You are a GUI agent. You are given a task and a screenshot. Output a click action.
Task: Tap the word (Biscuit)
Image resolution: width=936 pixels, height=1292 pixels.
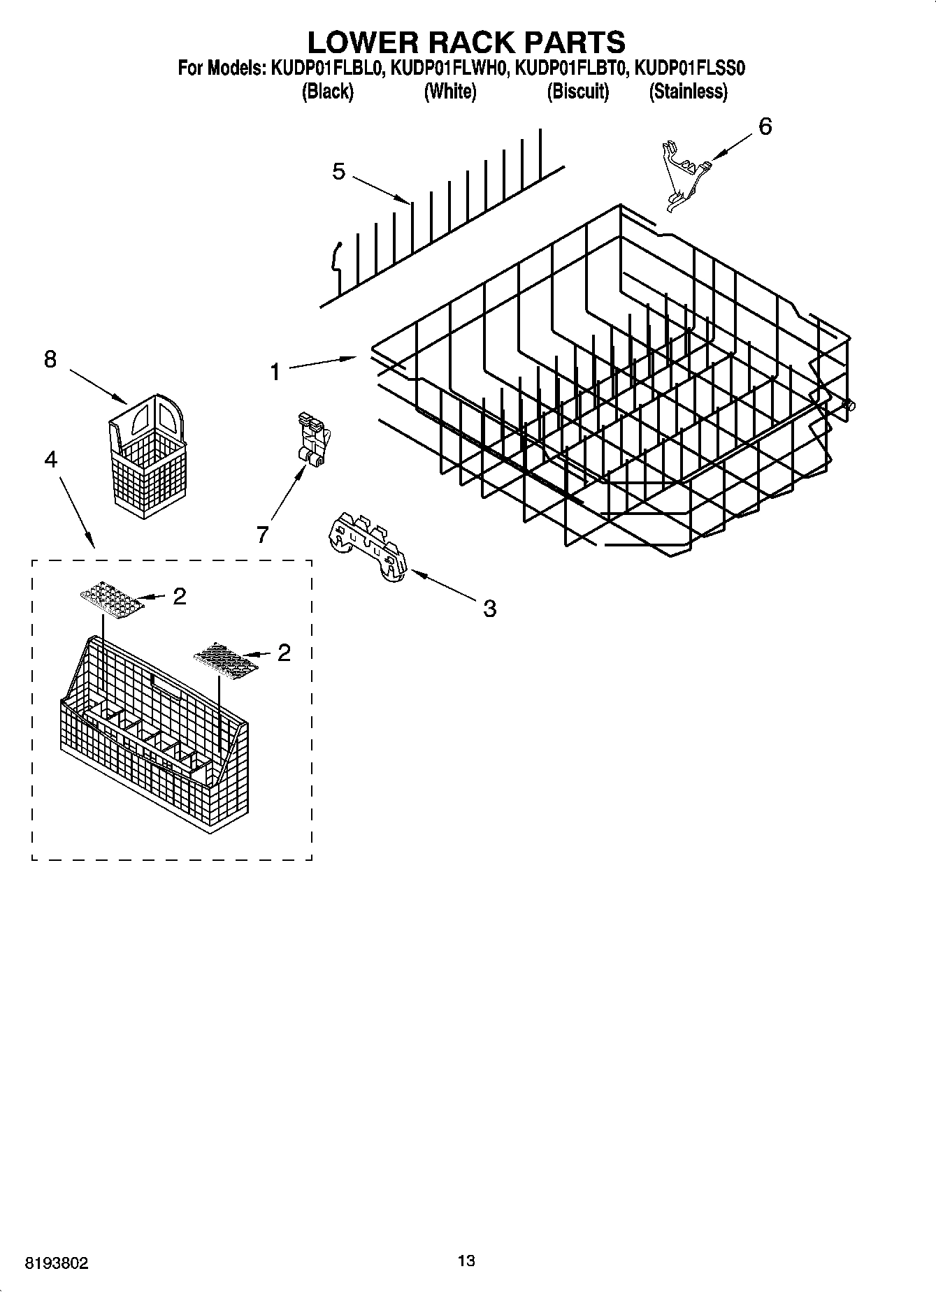[x=577, y=92]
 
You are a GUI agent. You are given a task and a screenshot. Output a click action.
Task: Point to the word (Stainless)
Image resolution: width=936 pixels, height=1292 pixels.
[x=688, y=92]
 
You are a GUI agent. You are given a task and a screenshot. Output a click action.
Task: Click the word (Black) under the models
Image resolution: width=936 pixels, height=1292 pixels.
[x=327, y=92]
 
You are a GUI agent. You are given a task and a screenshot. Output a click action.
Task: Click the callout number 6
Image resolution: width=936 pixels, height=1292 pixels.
[x=765, y=127]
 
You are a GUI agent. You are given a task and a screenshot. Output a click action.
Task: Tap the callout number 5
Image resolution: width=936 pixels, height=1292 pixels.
[x=338, y=172]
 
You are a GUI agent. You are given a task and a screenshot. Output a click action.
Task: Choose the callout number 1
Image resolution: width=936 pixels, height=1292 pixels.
[x=275, y=372]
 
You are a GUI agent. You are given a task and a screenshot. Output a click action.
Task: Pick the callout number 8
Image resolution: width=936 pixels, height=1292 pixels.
[x=50, y=360]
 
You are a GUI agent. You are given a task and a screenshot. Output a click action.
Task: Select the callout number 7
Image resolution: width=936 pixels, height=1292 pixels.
[x=262, y=535]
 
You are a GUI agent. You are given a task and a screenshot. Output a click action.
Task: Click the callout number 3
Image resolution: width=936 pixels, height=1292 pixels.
[x=489, y=609]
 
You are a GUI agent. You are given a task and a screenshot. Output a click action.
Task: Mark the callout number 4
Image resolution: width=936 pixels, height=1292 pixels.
[x=50, y=459]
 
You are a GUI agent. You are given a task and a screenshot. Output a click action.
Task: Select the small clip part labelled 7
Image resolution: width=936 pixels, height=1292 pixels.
[x=312, y=438]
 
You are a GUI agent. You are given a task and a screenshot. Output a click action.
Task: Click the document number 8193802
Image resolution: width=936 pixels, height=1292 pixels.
[x=57, y=1263]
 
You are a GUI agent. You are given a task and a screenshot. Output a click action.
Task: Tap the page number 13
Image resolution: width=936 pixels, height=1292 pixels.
[x=466, y=1261]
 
